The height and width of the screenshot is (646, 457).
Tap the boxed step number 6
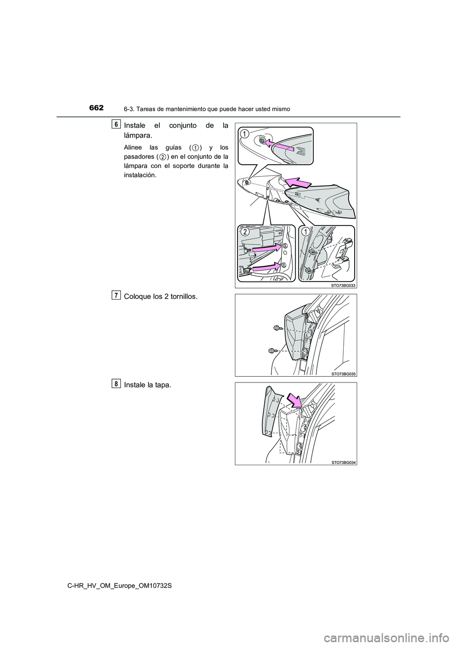tap(116, 124)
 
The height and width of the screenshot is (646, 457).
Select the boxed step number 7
tap(116, 295)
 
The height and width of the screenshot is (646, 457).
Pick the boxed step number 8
tap(116, 383)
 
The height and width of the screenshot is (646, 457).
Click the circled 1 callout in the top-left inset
tap(244, 133)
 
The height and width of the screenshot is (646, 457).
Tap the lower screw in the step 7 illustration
tap(272, 351)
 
